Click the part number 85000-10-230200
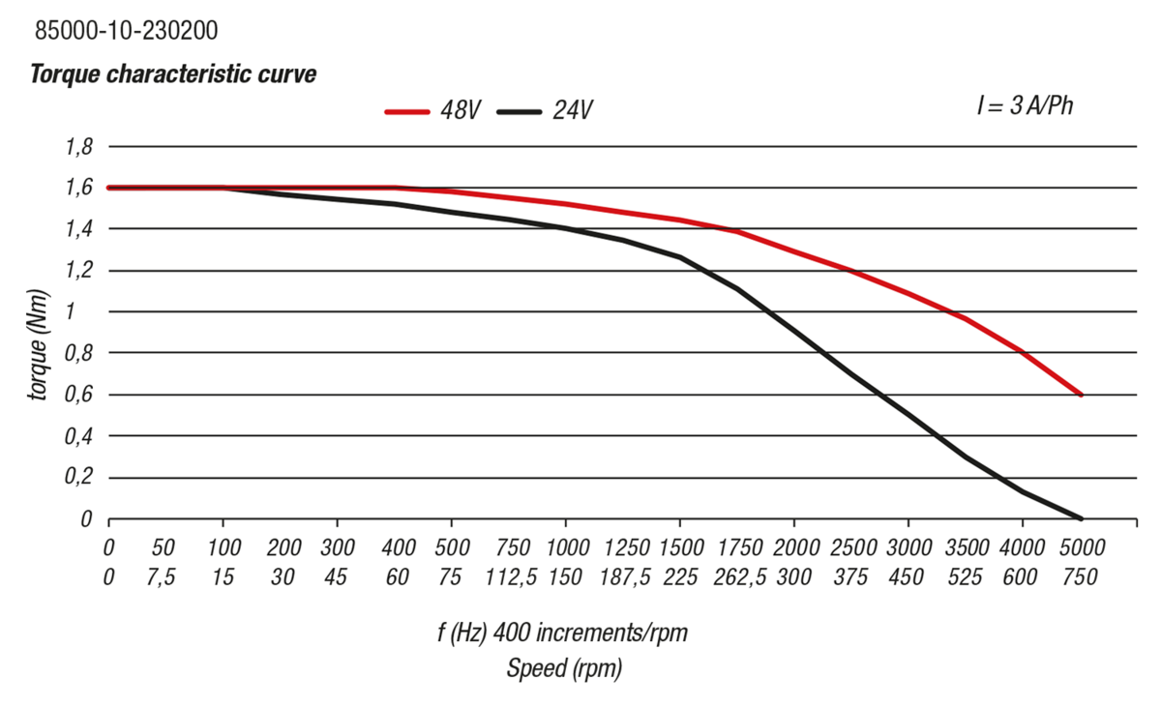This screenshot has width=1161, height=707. click(x=126, y=31)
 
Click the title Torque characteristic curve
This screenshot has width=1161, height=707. click(x=173, y=74)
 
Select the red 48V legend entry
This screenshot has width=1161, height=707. click(x=432, y=110)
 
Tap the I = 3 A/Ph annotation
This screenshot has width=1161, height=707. click(x=1025, y=106)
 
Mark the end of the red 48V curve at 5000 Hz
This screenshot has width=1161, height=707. click(x=1080, y=395)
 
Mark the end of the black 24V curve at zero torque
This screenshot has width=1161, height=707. click(x=1080, y=518)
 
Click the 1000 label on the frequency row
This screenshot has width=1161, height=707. click(x=564, y=548)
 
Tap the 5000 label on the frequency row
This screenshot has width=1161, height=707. click(x=1080, y=548)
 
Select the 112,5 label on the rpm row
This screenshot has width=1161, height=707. click(x=508, y=577)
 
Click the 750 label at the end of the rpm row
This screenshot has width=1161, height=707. click(x=1080, y=577)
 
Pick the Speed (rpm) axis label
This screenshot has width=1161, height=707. click(x=564, y=668)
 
